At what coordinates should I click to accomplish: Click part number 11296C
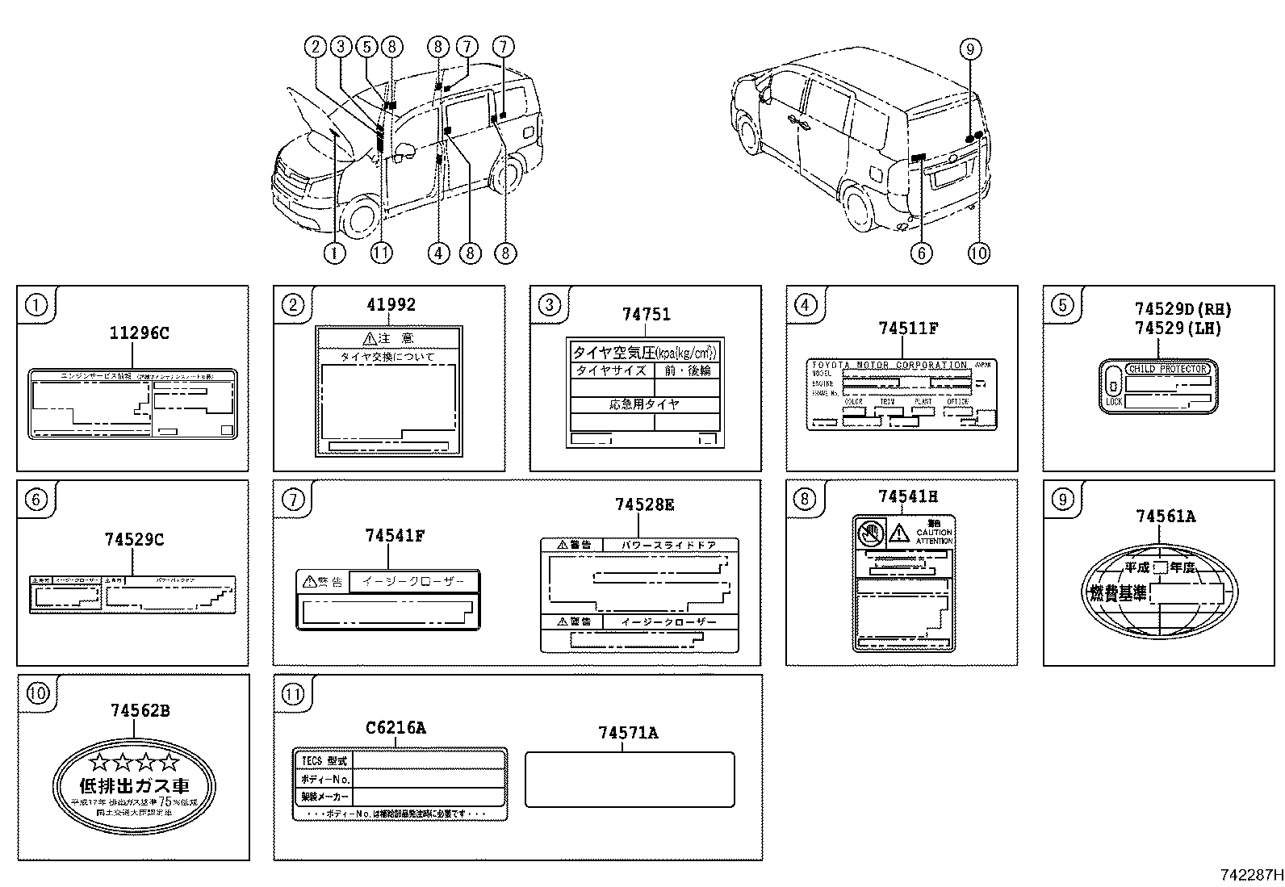(140, 333)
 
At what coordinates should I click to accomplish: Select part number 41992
(391, 304)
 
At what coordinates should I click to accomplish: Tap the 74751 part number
(646, 315)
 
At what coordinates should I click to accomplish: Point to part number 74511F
(908, 328)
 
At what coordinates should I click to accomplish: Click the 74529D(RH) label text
(1182, 309)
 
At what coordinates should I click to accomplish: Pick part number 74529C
(134, 539)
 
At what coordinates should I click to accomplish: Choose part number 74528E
(644, 504)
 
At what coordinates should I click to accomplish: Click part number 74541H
(908, 496)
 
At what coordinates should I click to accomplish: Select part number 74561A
(1166, 517)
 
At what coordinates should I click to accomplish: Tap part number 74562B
(140, 710)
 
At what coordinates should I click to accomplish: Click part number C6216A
(396, 728)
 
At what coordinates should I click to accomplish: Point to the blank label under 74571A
(630, 780)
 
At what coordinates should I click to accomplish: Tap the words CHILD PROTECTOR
(1166, 369)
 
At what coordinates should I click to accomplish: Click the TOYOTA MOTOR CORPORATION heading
(889, 365)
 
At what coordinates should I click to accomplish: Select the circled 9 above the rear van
(970, 49)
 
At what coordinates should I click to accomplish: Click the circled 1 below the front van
(334, 253)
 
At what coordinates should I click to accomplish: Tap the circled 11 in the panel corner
(292, 693)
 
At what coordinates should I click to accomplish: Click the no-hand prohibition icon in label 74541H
(870, 533)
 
